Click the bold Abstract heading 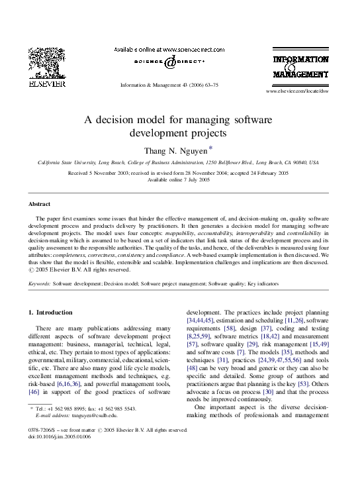coord(41,204)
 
